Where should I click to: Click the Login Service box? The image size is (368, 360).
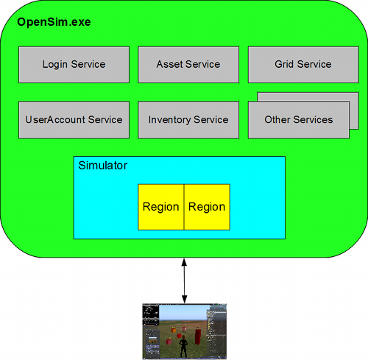pos(74,65)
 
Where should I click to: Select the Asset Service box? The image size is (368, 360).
pos(188,65)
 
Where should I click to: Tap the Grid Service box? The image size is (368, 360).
pos(303,65)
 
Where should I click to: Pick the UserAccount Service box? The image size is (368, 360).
pos(74,120)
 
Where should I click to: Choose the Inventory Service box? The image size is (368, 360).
pos(188,120)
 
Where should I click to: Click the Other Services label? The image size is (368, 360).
pos(298,120)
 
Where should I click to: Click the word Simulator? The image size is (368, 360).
pos(102,166)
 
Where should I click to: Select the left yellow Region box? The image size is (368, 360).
pos(160,207)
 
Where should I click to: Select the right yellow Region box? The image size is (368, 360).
pos(207,207)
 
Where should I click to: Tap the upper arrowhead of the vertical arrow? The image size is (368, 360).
pos(183,262)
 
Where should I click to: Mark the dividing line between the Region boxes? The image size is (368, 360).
pos(184,207)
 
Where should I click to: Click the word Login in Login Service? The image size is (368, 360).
pos(56,65)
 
